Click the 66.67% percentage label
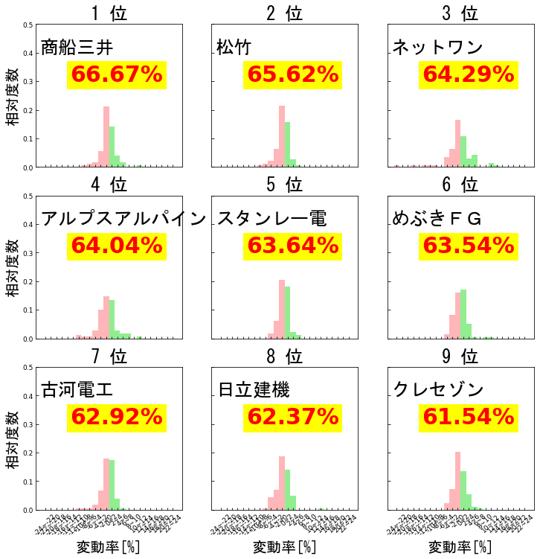point(116,74)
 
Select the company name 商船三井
point(77,48)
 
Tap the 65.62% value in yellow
point(292,74)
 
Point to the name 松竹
point(234,48)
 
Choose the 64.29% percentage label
point(469,74)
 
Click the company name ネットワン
point(437,48)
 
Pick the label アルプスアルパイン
point(123,218)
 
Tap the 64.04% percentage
point(116,246)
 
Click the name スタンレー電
point(271,218)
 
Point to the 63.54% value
point(469,246)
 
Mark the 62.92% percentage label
point(116,417)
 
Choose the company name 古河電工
point(77,389)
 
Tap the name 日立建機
point(254,389)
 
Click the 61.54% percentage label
point(469,417)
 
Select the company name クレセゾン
point(438,389)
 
